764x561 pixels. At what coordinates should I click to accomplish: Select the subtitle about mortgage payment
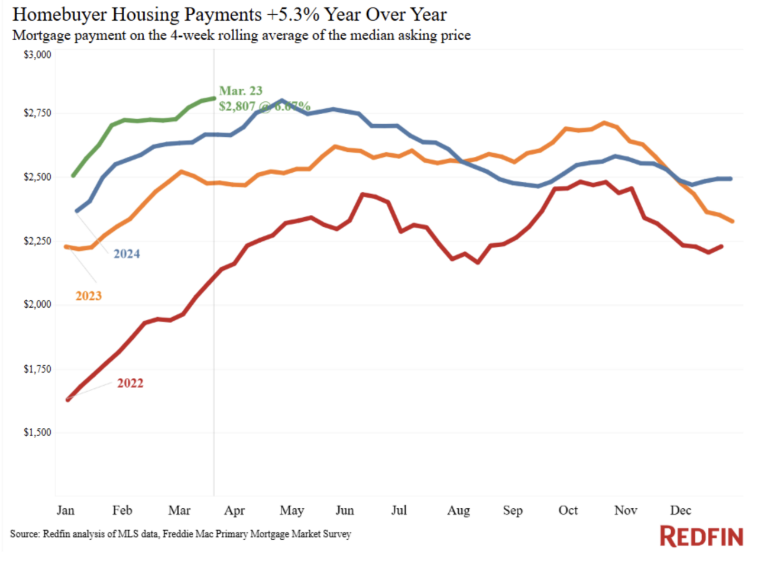241,36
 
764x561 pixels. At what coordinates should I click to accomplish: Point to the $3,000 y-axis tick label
37,55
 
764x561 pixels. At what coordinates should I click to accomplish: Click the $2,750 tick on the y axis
37,113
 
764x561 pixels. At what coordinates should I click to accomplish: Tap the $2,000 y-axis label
37,304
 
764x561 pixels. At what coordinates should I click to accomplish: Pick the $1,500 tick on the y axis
37,433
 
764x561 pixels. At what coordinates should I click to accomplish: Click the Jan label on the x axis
66,510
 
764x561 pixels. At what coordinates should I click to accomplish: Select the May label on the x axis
292,510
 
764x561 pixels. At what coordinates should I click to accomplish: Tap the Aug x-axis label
458,510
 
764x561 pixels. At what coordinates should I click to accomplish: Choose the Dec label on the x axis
681,510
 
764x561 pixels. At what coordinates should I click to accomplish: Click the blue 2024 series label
127,254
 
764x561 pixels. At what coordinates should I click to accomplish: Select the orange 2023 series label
89,296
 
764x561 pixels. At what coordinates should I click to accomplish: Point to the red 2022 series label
130,383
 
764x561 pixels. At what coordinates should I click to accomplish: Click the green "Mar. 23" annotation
241,91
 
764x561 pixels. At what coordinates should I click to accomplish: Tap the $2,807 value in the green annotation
237,107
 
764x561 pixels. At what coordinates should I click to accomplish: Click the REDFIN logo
701,536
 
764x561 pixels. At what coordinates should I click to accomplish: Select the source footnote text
180,534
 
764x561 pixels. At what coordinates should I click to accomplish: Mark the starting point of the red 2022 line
68,399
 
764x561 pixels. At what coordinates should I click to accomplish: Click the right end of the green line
213,98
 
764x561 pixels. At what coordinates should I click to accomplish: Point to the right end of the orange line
733,221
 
